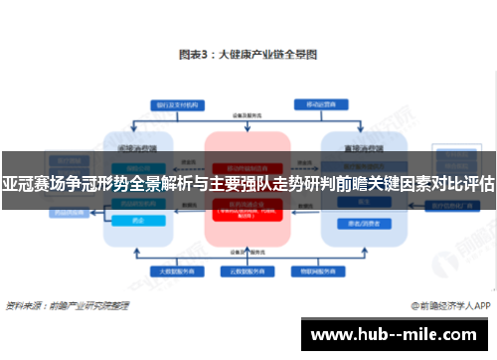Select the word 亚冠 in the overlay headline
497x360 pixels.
(17, 184)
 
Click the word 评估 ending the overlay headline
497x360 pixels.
(478, 184)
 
